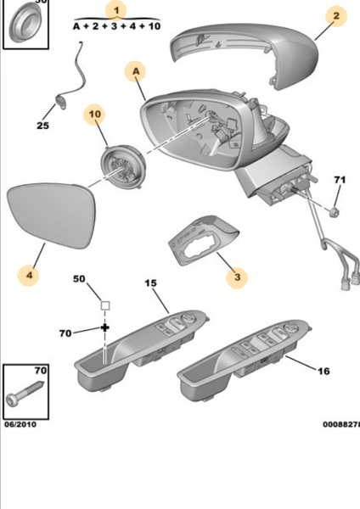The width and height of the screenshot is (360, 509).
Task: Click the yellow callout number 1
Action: [117, 10]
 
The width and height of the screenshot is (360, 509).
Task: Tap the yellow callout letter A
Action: [135, 72]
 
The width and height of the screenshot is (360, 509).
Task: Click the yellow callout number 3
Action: [238, 276]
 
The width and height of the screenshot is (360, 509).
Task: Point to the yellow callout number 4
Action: [28, 275]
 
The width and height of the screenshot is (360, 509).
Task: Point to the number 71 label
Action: [339, 181]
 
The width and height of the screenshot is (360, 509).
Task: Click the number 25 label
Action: [42, 126]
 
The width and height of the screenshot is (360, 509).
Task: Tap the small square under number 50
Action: [105, 304]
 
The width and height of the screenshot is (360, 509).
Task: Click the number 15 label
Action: [149, 281]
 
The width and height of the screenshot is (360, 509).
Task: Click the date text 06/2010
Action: [20, 422]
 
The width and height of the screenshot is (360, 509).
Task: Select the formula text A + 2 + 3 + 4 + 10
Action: [117, 27]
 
